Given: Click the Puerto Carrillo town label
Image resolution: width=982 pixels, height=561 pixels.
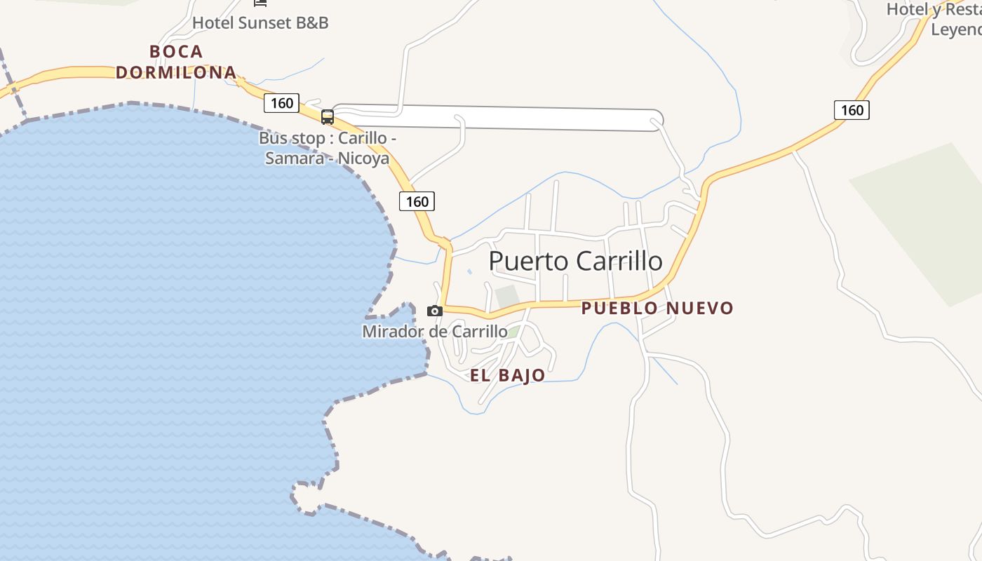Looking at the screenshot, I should click(575, 261).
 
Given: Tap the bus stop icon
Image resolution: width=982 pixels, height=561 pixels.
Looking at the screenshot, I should click(328, 116).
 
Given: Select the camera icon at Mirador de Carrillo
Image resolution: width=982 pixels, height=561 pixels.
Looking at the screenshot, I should click(435, 311).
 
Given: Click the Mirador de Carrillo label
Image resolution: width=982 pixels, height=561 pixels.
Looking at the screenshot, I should click(435, 331).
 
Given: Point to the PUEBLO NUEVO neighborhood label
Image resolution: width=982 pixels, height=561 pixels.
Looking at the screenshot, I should click(657, 308).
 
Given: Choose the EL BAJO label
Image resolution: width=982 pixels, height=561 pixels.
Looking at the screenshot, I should click(507, 375).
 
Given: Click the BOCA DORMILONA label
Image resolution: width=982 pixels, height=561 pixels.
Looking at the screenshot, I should click(176, 62).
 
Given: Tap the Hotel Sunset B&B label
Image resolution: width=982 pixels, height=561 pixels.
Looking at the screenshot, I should click(260, 22).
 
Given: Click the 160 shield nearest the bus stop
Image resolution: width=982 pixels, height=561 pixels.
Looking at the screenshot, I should click(281, 103).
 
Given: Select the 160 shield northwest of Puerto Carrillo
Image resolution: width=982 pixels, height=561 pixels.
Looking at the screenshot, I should click(417, 201).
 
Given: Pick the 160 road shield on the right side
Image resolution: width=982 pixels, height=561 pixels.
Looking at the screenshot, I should click(852, 109).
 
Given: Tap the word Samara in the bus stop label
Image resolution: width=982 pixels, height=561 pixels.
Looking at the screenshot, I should click(299, 158).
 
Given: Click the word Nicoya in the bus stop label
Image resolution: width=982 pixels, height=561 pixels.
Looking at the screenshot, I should click(363, 158).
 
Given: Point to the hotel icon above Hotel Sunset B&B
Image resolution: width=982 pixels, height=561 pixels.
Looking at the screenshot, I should click(260, 3).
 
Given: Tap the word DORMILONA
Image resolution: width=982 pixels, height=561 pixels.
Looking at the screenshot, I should click(176, 72).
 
